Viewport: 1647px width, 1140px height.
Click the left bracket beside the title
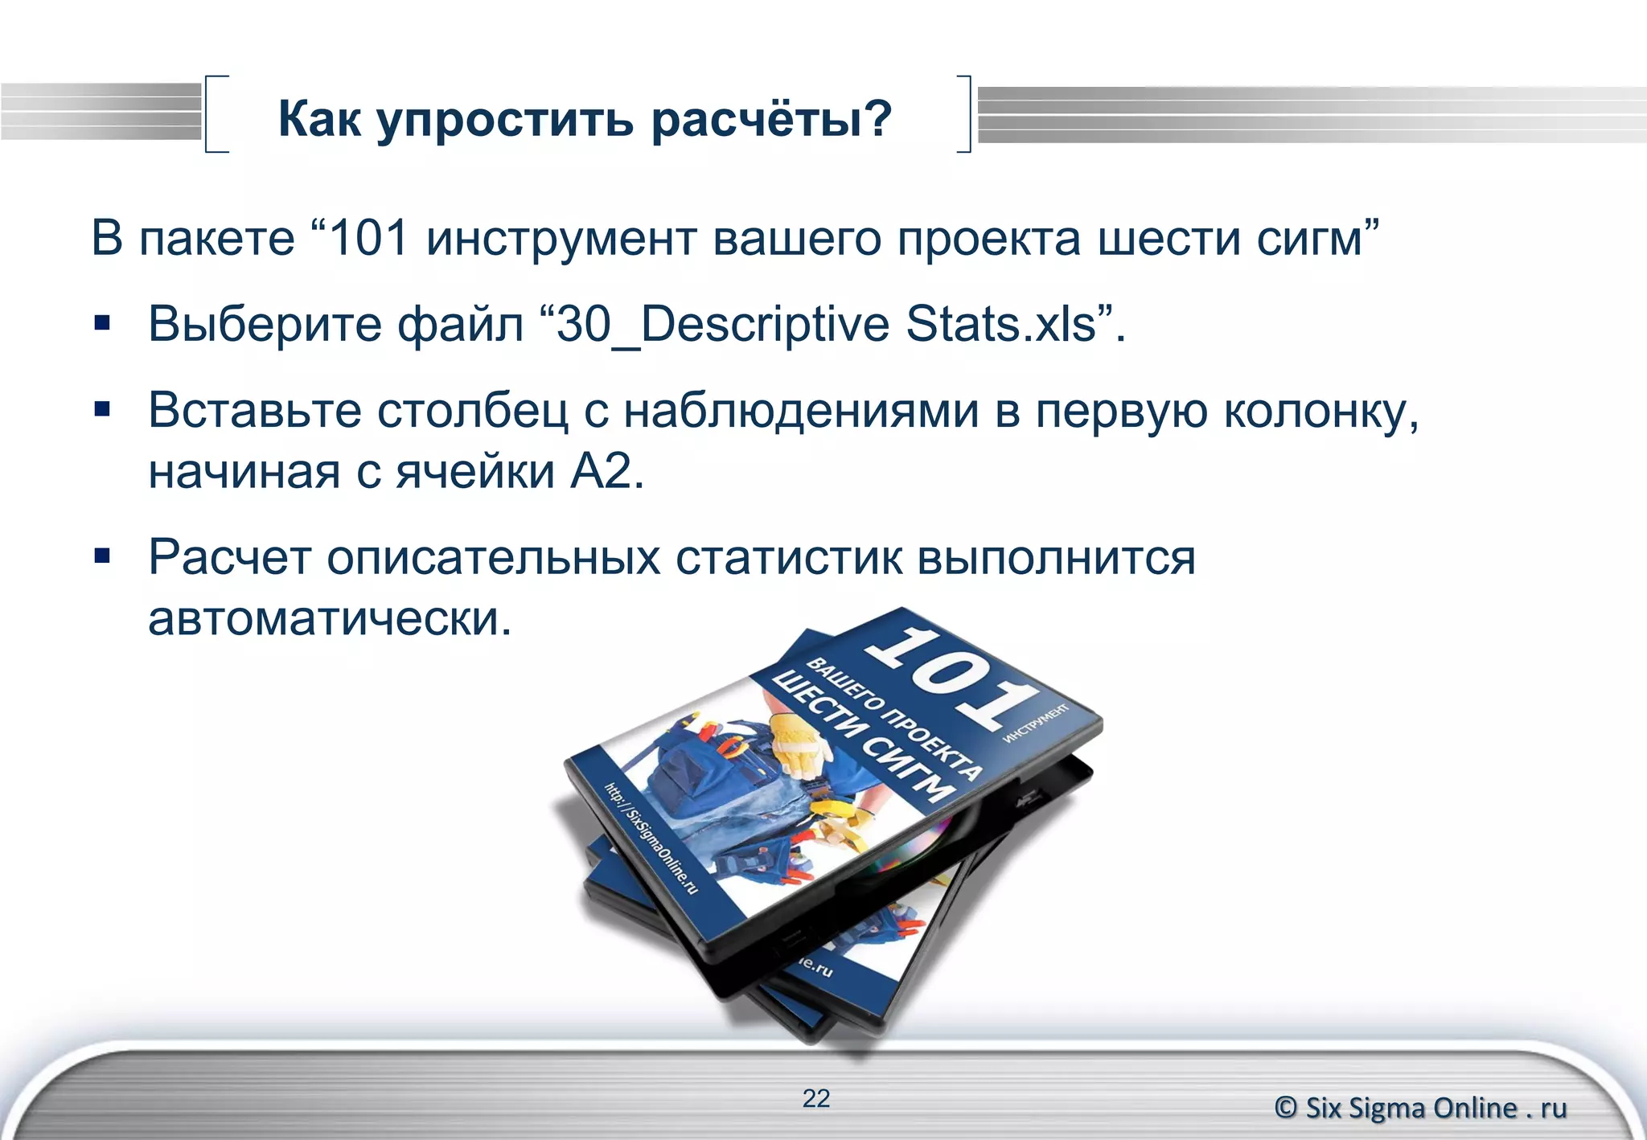[212, 113]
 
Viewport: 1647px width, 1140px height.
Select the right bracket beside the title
[965, 113]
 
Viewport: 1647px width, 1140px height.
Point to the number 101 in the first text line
[369, 238]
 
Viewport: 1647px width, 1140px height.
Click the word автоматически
[330, 619]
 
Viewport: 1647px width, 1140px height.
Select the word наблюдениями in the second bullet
[801, 411]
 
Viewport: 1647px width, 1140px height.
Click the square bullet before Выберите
[102, 323]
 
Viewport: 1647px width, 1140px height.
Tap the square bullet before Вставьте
[102, 410]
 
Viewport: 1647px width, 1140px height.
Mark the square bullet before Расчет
[102, 556]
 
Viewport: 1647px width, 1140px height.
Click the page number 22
[815, 1098]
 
